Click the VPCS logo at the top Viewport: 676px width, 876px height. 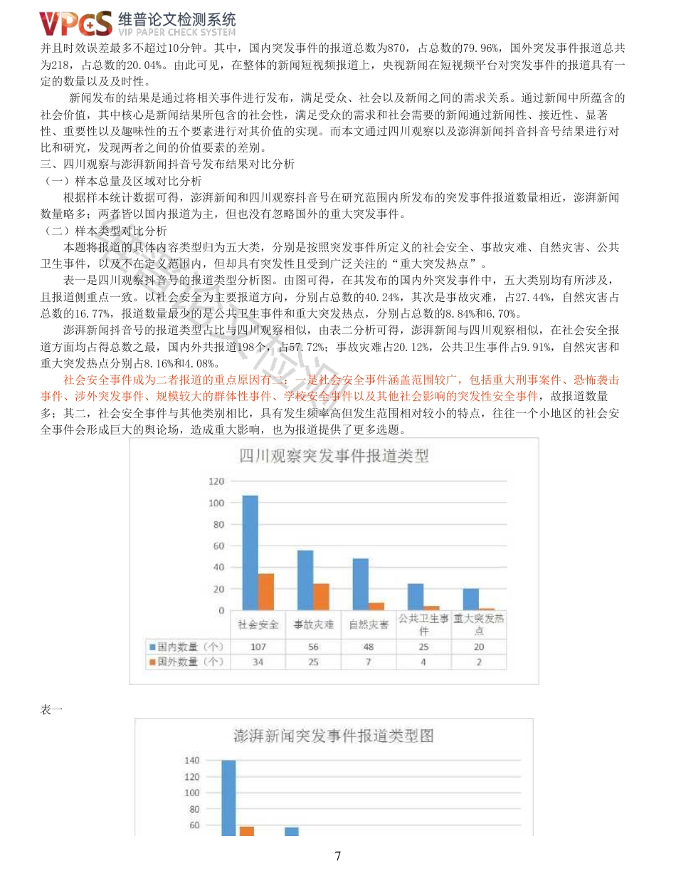pyautogui.click(x=76, y=24)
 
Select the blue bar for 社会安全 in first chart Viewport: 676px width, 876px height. pyautogui.click(x=250, y=552)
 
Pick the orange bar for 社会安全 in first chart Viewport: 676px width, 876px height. pyautogui.click(x=266, y=591)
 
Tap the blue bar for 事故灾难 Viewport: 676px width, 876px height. pyautogui.click(x=305, y=580)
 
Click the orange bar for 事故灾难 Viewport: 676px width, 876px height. pyautogui.click(x=322, y=596)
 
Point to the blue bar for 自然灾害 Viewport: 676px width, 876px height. pyautogui.click(x=361, y=584)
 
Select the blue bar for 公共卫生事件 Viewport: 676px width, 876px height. pyautogui.click(x=416, y=596)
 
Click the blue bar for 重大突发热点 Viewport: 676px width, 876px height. pyautogui.click(x=471, y=599)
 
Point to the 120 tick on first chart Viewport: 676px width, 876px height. pyautogui.click(x=216, y=481)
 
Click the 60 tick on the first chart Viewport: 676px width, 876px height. pyautogui.click(x=218, y=546)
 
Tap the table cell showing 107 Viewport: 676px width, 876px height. pyautogui.click(x=258, y=647)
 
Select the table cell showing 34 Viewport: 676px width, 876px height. pyautogui.click(x=258, y=662)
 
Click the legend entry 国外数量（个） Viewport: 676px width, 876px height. pyautogui.click(x=186, y=662)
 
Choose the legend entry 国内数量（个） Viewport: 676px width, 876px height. pyautogui.click(x=186, y=647)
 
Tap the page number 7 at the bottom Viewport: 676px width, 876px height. pyautogui.click(x=337, y=856)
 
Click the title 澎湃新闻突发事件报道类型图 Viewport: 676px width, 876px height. pyautogui.click(x=334, y=736)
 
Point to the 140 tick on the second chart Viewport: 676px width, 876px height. pyautogui.click(x=191, y=761)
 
